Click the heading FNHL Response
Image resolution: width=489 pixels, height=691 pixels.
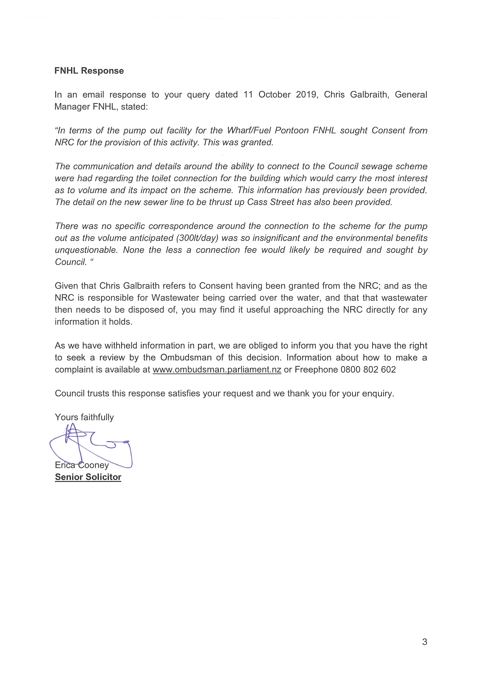(89, 71)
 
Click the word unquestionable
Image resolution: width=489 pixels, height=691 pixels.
(86, 250)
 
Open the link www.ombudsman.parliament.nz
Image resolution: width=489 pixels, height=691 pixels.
(217, 370)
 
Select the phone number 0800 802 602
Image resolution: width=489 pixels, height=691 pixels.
(368, 370)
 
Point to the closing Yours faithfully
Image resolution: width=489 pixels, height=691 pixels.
(84, 417)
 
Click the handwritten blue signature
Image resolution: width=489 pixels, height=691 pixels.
(90, 446)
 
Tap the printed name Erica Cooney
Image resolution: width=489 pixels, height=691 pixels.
(82, 465)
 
